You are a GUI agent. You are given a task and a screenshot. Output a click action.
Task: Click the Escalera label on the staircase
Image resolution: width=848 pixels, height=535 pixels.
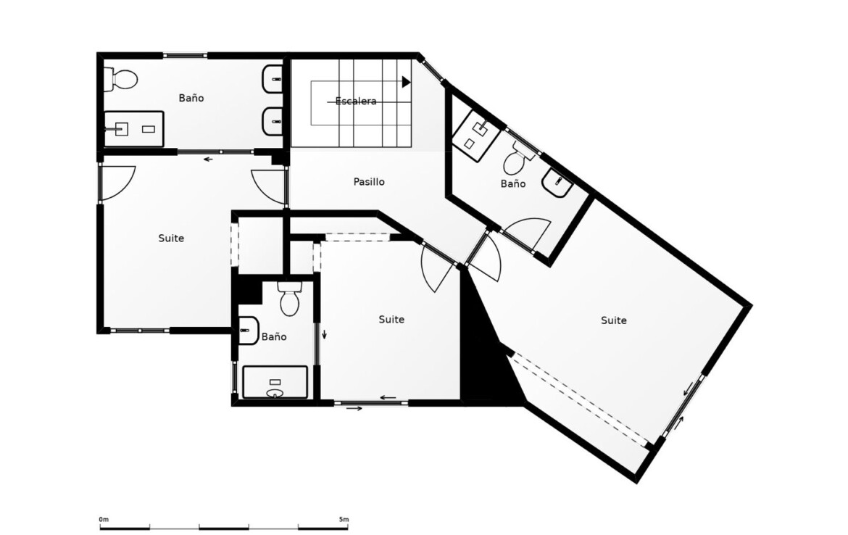point(355,101)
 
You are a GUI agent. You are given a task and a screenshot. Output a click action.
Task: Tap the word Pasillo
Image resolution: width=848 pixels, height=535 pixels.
point(369,182)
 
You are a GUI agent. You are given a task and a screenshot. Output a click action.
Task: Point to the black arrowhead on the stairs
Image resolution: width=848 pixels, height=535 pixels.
point(406,82)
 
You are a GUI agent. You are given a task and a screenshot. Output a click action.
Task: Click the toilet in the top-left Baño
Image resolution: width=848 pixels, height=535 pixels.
point(121,80)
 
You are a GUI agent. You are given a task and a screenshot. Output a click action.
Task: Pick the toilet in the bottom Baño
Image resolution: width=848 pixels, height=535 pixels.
point(290,299)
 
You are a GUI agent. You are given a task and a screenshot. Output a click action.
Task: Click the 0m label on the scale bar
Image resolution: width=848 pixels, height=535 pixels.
point(104,519)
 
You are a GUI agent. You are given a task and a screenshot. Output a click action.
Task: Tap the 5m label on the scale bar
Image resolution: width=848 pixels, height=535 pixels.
point(344,519)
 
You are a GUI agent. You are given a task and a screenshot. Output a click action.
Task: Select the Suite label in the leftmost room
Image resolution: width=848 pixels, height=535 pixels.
point(171,238)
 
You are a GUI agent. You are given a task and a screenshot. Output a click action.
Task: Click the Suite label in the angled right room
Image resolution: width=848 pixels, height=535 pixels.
point(614,320)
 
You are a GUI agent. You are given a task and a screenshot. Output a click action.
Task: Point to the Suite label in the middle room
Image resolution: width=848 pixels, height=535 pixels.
point(391,319)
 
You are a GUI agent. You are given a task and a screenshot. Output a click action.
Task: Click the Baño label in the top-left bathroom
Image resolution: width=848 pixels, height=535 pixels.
point(191,98)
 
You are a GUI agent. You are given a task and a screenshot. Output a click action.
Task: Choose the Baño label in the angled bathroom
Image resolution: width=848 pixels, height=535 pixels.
point(513,183)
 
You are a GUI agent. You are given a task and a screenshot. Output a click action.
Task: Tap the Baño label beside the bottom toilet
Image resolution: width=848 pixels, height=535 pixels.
point(274,336)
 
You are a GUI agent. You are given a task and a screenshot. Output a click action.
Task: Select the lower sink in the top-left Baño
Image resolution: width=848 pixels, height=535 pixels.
point(273,122)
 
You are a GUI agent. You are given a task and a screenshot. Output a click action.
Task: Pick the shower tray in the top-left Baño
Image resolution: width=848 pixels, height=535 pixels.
point(133,129)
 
